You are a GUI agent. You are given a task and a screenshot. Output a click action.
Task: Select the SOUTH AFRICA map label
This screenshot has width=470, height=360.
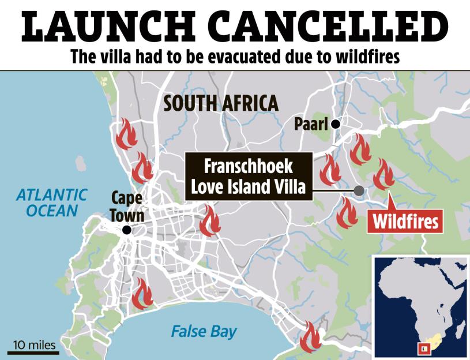pyautogui.click(x=221, y=103)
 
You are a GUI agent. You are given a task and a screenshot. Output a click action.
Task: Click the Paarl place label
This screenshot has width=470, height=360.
pyautogui.click(x=310, y=123)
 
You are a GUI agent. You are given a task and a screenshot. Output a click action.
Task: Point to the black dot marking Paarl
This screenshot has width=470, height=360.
pyautogui.click(x=334, y=123)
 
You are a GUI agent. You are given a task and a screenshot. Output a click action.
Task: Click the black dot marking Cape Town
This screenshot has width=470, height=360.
pyautogui.click(x=127, y=230)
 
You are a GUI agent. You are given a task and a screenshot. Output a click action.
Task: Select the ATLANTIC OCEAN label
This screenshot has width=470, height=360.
pyautogui.click(x=51, y=202)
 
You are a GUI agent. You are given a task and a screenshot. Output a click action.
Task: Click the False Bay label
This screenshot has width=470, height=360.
pyautogui.click(x=204, y=332)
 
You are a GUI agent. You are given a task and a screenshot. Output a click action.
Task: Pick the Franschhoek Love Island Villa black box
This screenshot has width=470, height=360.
pyautogui.click(x=249, y=177)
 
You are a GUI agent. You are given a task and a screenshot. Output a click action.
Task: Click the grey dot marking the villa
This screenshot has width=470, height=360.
pyautogui.click(x=359, y=190)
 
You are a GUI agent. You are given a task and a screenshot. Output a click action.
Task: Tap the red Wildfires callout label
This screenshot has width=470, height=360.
pyautogui.click(x=405, y=222)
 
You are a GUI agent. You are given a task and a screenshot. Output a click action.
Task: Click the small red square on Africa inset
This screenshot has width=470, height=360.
pyautogui.click(x=424, y=348)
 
